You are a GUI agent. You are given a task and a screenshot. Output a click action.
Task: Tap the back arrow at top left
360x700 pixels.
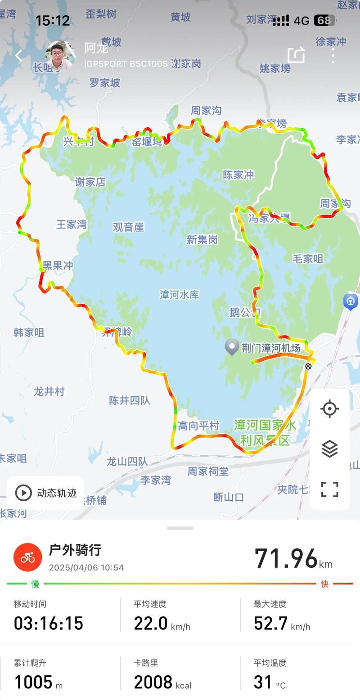18,56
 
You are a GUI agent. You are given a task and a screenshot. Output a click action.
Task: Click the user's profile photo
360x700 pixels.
60,55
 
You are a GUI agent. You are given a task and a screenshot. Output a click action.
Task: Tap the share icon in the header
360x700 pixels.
296,55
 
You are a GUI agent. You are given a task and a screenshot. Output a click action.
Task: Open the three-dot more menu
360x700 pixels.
333,56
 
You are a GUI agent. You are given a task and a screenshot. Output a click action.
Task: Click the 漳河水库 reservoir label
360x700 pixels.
179,295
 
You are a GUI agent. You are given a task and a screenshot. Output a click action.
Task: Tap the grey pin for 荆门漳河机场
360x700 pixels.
232,347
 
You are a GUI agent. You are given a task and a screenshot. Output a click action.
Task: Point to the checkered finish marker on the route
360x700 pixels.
308,366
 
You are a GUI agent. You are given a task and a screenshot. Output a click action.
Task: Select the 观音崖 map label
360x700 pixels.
128,227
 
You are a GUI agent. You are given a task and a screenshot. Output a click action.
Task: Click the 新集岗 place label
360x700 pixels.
202,240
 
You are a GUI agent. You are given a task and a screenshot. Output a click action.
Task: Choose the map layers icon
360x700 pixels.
329,449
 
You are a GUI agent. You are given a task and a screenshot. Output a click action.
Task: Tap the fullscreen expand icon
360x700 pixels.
329,489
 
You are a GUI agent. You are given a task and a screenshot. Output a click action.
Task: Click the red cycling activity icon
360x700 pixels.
27,557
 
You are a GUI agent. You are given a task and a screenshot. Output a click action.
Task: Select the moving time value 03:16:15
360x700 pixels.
49,623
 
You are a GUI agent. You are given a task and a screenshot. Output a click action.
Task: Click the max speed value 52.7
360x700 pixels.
270,623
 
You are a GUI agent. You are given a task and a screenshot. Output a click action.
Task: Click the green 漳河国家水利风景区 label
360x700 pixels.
265,432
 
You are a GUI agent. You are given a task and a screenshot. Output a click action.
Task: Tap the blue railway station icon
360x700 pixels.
350,301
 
